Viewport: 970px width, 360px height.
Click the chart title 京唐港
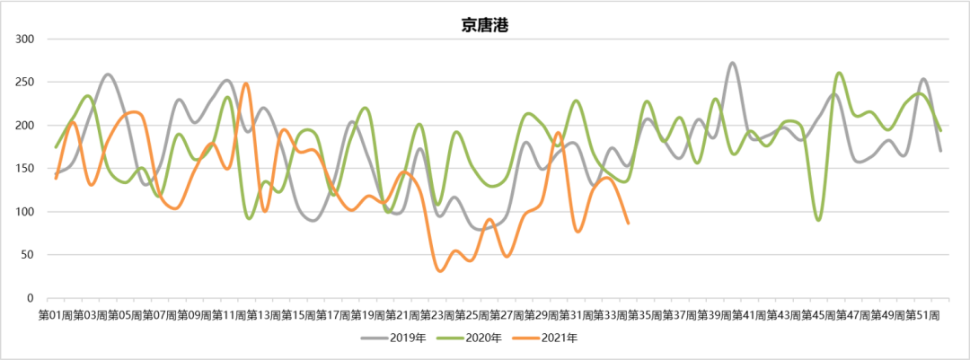point(485,25)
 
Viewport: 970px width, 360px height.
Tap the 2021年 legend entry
point(551,338)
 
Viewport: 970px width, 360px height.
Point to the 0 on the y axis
point(31,298)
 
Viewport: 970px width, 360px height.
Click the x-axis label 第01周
point(56,316)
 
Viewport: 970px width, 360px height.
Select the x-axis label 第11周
point(229,316)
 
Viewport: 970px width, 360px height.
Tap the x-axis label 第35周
point(646,316)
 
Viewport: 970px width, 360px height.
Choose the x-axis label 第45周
point(819,316)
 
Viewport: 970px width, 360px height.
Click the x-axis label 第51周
point(923,316)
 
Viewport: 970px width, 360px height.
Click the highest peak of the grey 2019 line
point(732,64)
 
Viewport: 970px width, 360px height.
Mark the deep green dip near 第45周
point(818,219)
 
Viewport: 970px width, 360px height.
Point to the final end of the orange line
point(628,223)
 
